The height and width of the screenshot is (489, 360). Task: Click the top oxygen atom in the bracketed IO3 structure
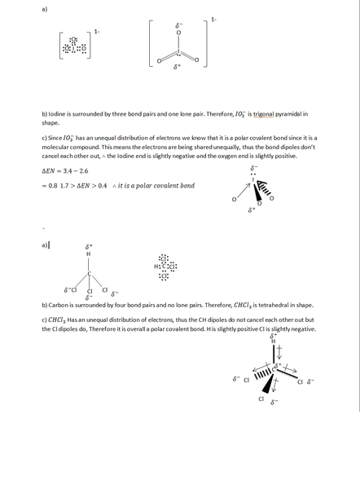coord(178,33)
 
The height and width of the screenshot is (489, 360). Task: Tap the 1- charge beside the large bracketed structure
coord(213,19)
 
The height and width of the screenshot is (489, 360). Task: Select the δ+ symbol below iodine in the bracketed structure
coord(178,67)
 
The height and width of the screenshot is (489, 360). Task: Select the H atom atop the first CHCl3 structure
coord(89,254)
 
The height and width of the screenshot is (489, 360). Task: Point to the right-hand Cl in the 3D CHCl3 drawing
coord(300,381)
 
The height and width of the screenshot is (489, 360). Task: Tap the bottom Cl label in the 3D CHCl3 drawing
coord(261,399)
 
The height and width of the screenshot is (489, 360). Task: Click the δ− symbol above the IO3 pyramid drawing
coord(253,168)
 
